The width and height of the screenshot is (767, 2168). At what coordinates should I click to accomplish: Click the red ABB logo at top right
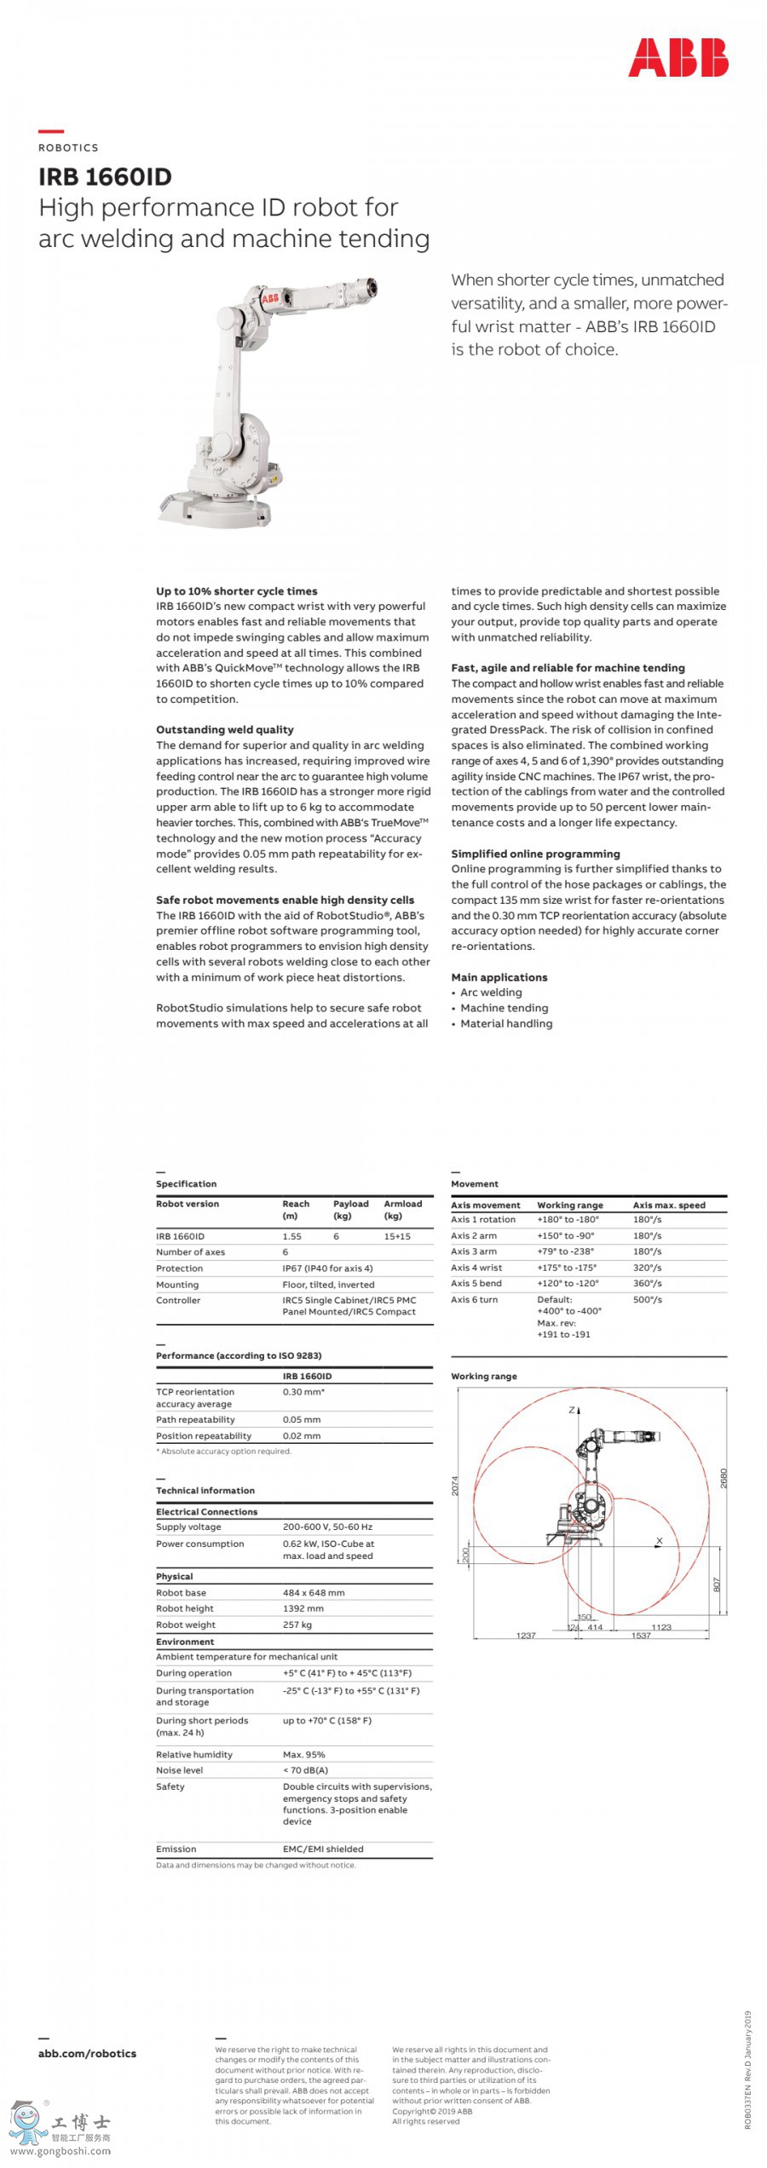click(x=678, y=57)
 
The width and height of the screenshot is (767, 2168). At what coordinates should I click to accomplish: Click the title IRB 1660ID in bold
click(x=105, y=177)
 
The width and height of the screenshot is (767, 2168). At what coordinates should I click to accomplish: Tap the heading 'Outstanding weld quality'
click(x=224, y=729)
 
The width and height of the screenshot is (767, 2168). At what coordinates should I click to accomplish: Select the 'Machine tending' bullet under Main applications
click(x=504, y=1008)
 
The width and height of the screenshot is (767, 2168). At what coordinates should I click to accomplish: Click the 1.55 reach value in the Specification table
click(x=292, y=1236)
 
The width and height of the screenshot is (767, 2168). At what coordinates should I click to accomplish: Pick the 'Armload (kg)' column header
click(x=402, y=1210)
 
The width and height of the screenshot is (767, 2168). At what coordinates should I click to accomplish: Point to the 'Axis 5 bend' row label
click(x=476, y=1283)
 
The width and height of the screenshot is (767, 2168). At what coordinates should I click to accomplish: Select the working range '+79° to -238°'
click(x=565, y=1251)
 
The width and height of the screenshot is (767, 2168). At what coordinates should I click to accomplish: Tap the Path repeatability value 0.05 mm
click(x=302, y=1419)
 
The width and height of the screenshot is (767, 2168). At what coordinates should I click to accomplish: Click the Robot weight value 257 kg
click(x=297, y=1625)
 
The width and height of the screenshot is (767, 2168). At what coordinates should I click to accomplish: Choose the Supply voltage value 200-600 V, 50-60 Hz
click(x=327, y=1527)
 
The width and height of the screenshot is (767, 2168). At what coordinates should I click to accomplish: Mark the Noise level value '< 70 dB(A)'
click(x=305, y=1770)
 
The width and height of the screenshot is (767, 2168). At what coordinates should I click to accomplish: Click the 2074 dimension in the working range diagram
click(x=455, y=1485)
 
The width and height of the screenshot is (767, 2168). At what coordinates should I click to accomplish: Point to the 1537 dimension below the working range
click(x=641, y=1636)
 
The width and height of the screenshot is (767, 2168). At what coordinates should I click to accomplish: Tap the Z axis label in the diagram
click(x=572, y=1411)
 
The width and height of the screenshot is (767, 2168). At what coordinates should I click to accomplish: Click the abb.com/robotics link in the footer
click(x=87, y=2053)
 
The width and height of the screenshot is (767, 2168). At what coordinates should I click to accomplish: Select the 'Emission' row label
click(x=176, y=1849)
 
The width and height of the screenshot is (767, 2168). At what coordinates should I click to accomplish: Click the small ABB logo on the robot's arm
click(x=269, y=298)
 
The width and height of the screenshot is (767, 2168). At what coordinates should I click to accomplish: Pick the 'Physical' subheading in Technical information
click(x=174, y=1576)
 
